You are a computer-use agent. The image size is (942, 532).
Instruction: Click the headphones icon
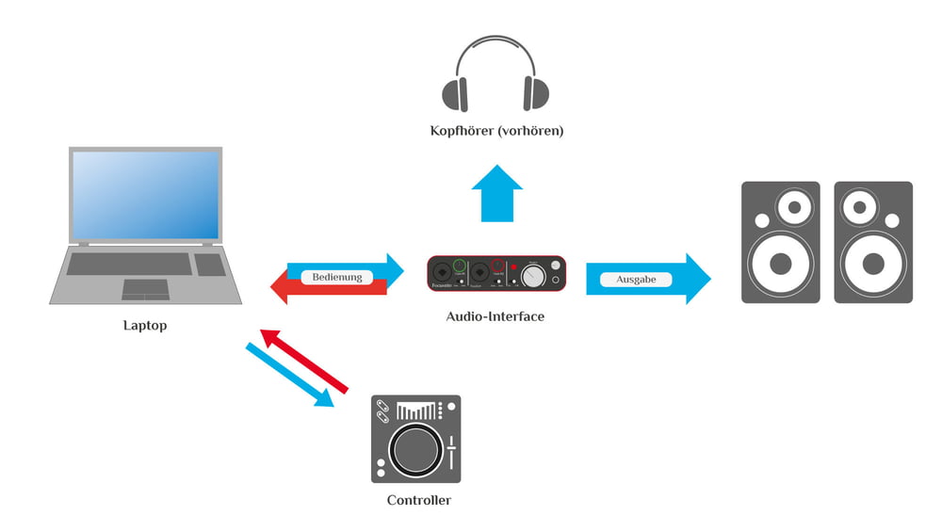pos(495,75)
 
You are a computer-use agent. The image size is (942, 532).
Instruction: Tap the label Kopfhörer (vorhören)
pos(496,131)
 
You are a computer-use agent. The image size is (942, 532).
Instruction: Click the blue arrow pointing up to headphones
pos(495,192)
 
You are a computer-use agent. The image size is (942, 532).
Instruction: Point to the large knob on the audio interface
pos(534,275)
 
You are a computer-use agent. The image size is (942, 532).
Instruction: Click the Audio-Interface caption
pos(495,316)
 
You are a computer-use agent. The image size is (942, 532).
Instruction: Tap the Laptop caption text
pos(145,326)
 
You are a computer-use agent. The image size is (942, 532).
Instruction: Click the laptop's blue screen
pos(146,196)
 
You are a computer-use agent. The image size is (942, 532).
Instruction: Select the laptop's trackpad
pos(146,288)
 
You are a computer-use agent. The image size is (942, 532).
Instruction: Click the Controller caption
pos(418,500)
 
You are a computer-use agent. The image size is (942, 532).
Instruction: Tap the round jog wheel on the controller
pos(414,449)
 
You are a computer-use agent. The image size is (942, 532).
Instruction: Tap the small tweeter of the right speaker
pos(858,206)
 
